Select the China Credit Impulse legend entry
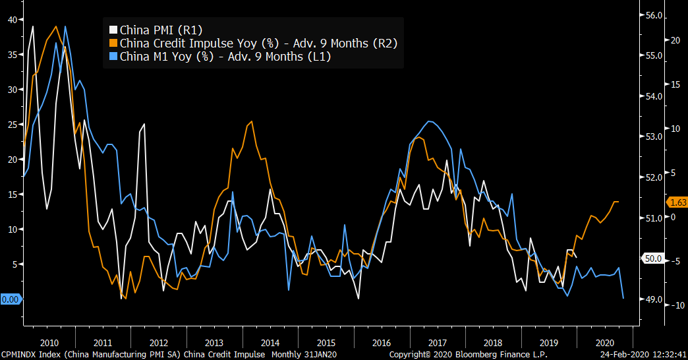[x=258, y=43]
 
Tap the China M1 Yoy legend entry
[x=225, y=57]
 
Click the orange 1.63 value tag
[x=677, y=202]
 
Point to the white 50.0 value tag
[x=652, y=259]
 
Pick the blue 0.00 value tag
[x=11, y=299]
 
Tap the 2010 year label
[x=49, y=343]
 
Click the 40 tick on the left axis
[x=13, y=20]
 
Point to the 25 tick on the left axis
[x=13, y=125]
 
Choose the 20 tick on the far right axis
[x=674, y=40]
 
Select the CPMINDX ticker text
[x=21, y=354]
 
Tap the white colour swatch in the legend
[x=113, y=30]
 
